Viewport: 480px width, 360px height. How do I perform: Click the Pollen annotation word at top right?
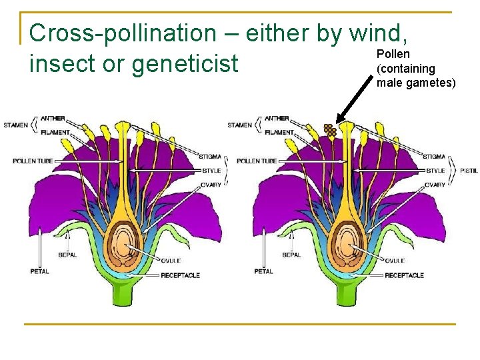coord(393,54)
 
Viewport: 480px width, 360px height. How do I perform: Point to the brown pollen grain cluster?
coord(329,129)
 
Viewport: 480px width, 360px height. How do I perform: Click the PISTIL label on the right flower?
coord(469,171)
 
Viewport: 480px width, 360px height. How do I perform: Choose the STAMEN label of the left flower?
coord(15,125)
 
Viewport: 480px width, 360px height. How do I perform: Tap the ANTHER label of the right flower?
coord(277,118)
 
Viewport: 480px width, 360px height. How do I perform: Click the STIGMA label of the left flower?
coord(210,157)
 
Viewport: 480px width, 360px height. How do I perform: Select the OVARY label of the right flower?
coord(435,185)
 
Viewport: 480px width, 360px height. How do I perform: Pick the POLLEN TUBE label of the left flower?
coord(31,161)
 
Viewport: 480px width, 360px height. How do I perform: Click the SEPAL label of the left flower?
coord(67,255)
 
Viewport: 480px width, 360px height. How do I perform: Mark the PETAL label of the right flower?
coord(263,271)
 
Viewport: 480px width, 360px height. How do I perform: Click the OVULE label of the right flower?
coord(395,261)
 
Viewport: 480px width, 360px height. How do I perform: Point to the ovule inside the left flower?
coord(122,240)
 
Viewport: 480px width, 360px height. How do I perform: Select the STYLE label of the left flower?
coord(211,171)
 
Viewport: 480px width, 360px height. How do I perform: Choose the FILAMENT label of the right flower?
coord(279,132)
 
